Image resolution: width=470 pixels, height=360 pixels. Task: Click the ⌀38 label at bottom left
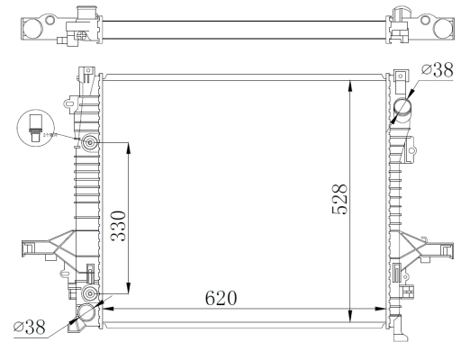pos(30,328)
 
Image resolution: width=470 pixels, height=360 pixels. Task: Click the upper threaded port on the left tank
pos(90,144)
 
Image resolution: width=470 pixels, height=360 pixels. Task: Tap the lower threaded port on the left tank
pos(89,294)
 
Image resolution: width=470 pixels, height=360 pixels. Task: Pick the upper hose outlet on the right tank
pos(403,111)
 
